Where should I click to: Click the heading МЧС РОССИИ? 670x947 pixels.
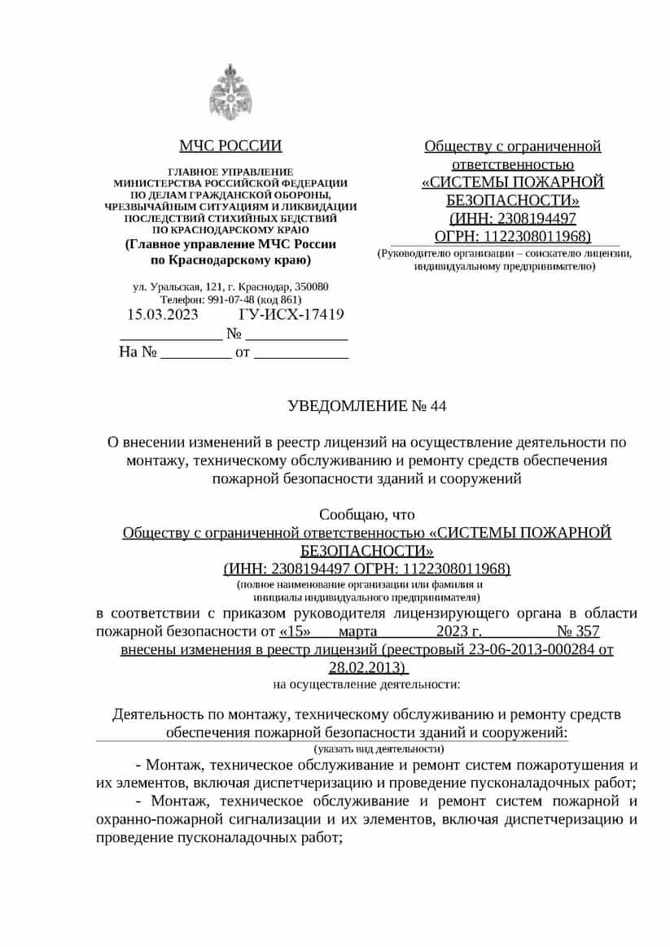pos(230,146)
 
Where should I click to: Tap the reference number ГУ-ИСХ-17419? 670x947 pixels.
pos(291,315)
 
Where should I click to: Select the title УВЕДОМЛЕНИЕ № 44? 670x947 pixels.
pos(367,405)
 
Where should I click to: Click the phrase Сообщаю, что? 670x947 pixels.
pos(366,514)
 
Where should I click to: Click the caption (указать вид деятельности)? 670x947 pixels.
pos(379,748)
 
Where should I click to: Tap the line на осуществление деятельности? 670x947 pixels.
pos(366,684)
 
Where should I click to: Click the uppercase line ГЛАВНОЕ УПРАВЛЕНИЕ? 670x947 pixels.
pos(230,172)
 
